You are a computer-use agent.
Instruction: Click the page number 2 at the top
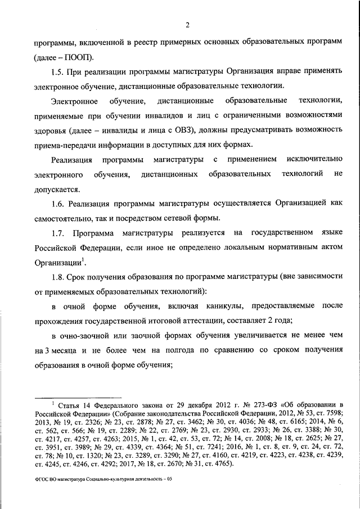point(188,24)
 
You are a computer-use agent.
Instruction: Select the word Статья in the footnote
point(70,405)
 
